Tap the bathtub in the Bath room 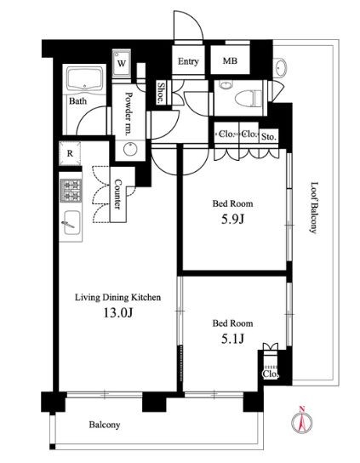(x=85, y=78)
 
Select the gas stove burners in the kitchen (x=71, y=191)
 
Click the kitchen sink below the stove (x=71, y=223)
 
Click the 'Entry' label (x=188, y=61)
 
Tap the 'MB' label (x=230, y=60)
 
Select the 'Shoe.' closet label (x=161, y=93)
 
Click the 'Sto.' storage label (x=269, y=137)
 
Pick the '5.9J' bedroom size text (x=232, y=219)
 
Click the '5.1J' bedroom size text (x=232, y=339)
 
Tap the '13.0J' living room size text (x=117, y=312)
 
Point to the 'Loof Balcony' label (x=315, y=208)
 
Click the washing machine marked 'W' (x=122, y=64)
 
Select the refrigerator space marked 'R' (x=70, y=153)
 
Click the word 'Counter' (x=117, y=194)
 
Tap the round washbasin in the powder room (x=130, y=149)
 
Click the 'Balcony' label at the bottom (x=105, y=425)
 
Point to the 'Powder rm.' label (x=129, y=114)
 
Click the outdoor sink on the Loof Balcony (x=280, y=67)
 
